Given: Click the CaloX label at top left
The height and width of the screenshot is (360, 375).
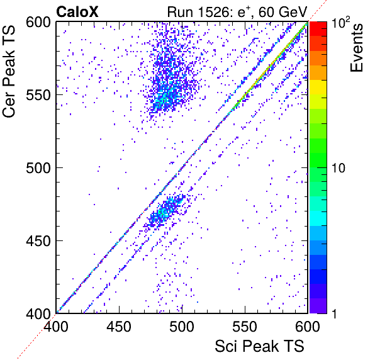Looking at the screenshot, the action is click(x=77, y=11).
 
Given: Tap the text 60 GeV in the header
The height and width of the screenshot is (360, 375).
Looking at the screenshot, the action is click(x=283, y=12).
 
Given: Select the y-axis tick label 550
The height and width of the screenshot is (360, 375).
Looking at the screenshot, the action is click(x=38, y=95).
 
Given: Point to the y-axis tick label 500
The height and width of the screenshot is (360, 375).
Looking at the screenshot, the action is click(x=38, y=168).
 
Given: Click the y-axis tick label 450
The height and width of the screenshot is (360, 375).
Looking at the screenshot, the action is click(x=38, y=241).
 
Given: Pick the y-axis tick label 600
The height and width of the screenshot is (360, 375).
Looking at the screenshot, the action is click(x=38, y=22).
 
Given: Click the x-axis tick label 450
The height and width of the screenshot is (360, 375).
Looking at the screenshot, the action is click(x=119, y=326).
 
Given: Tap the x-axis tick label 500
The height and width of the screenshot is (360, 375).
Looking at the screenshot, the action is click(x=182, y=326).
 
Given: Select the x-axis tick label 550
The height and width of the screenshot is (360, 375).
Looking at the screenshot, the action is click(x=245, y=326).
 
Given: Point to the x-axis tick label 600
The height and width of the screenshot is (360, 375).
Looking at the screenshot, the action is click(x=307, y=326).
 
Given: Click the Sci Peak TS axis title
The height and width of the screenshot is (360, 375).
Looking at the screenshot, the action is click(x=259, y=346).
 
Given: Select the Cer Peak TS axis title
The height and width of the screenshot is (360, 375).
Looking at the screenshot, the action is click(x=9, y=71).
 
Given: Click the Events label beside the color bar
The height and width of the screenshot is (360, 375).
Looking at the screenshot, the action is click(x=356, y=47).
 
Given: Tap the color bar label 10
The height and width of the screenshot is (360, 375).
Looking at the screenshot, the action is click(x=339, y=168).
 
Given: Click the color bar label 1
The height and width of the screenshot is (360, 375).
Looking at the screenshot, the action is click(x=334, y=313).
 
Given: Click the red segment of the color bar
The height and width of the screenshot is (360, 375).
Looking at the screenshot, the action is click(x=318, y=29).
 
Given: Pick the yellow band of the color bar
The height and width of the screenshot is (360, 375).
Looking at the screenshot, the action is click(x=318, y=87).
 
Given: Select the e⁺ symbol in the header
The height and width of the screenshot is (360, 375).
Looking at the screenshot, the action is click(x=243, y=12).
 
